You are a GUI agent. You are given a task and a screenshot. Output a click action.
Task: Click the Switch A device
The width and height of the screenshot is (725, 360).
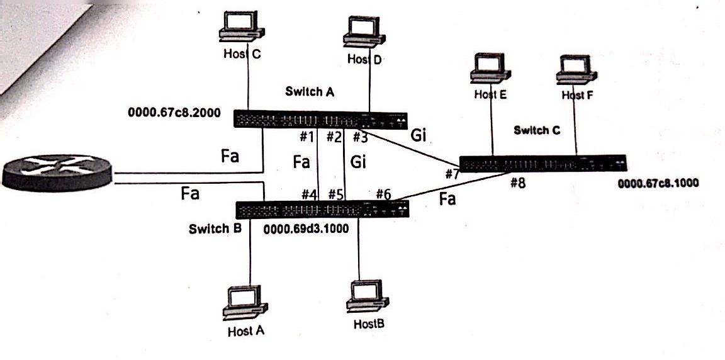[321, 119]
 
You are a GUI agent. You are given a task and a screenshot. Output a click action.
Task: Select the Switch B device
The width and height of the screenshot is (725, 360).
[322, 210]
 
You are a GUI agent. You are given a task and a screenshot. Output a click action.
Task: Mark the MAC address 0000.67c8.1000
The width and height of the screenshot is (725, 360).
[658, 184]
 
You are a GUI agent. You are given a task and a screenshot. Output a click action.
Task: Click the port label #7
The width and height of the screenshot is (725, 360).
[451, 174]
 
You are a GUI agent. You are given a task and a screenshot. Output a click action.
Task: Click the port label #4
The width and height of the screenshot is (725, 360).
[308, 194]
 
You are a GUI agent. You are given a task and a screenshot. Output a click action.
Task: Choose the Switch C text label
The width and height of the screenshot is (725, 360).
[536, 131]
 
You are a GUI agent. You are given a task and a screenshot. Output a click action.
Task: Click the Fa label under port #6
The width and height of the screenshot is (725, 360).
[447, 200]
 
